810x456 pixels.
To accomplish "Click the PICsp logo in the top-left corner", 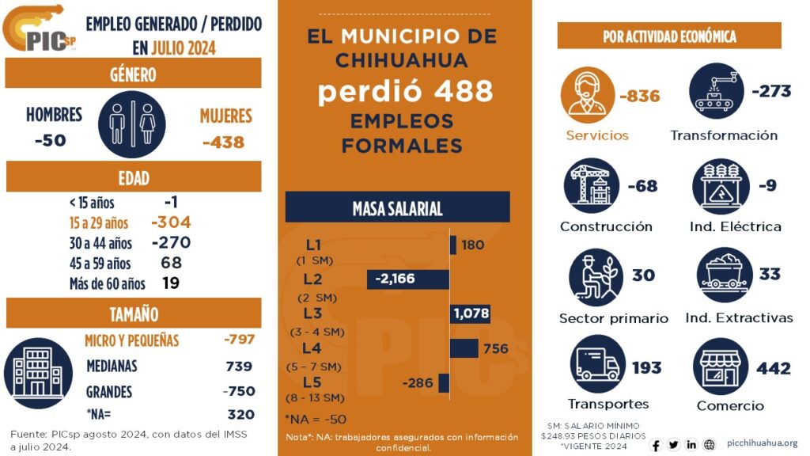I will click(x=40, y=29).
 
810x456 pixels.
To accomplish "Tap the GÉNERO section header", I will click(x=133, y=74).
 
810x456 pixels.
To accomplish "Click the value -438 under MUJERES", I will click(x=223, y=142).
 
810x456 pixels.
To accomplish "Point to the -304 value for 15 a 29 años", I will click(x=171, y=222).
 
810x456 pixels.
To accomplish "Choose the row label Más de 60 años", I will click(x=108, y=283).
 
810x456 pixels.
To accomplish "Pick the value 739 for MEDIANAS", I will click(x=239, y=366).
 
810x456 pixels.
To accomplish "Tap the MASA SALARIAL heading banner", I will click(x=397, y=208).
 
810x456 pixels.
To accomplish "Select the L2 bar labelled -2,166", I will click(x=408, y=279).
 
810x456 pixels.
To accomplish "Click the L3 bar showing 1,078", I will click(x=470, y=313).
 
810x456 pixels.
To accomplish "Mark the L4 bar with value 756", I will click(x=464, y=348).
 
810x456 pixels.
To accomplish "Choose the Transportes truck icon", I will click(x=597, y=365).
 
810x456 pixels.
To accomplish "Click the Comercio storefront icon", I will click(x=721, y=367).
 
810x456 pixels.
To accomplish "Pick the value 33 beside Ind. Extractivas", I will click(x=769, y=274).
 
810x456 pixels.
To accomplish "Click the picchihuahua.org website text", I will click(x=761, y=443).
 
